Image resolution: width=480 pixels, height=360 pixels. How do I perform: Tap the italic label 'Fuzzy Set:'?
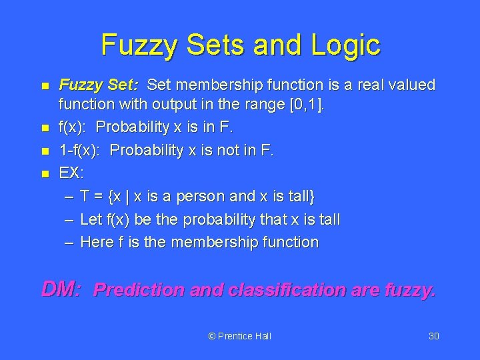tap(99, 85)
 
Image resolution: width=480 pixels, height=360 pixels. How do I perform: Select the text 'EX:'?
tap(71, 173)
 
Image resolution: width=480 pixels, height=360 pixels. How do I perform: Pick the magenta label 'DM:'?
tap(61, 289)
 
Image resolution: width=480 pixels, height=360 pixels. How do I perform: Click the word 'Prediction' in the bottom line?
tap(139, 290)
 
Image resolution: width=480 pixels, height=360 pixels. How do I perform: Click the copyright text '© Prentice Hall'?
tap(240, 336)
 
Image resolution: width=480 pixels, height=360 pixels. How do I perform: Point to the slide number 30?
tap(433, 336)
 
